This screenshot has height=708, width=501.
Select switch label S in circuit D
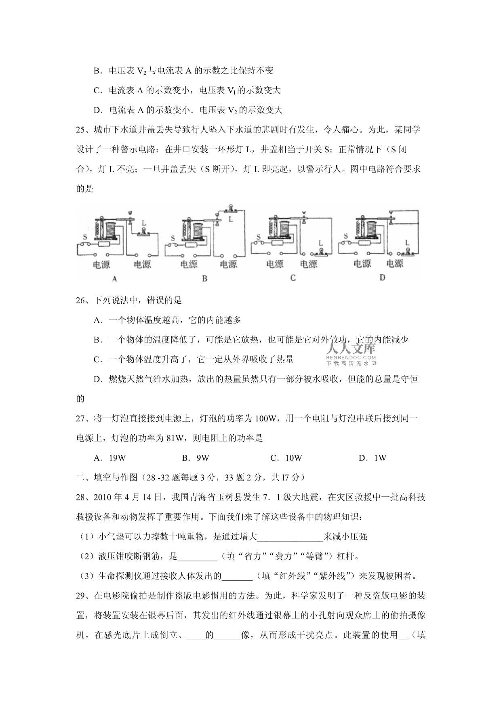[346, 236]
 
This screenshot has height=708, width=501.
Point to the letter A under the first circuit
[115, 279]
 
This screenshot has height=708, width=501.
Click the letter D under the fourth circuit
[382, 277]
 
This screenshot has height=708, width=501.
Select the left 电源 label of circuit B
[189, 265]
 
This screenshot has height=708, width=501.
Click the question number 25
[82, 130]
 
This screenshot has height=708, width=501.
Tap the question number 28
[82, 497]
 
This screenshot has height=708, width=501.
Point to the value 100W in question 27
[265, 418]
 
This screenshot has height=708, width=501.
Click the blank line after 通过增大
[290, 537]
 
